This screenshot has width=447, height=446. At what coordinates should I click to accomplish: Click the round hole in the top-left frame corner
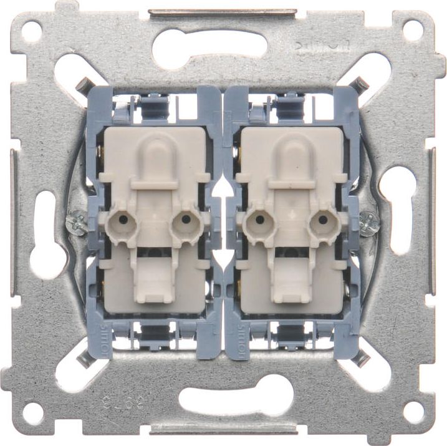click(32, 30)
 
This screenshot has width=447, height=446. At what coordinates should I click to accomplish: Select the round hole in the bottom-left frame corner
click(32, 412)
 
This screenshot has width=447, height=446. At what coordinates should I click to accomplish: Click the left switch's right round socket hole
click(186, 220)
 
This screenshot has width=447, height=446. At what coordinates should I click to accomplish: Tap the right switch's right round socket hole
click(322, 220)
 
